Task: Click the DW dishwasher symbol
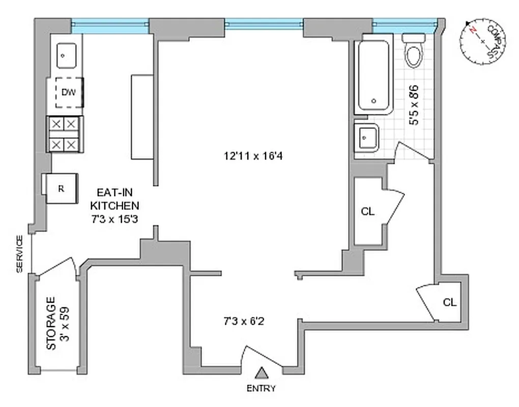pos(69,92)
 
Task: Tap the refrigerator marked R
pos(61,188)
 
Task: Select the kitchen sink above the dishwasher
pos(66,55)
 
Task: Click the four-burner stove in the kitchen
pos(65,134)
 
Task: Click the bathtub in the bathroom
pos(374,74)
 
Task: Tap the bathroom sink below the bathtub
pos(366,137)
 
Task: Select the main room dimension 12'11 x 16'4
pos(253,156)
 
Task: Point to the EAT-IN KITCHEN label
pos(114,206)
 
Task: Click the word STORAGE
pos(51,324)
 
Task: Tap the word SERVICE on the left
pos(19,254)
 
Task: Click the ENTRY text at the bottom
pos(261,389)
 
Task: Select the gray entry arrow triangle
pos(262,374)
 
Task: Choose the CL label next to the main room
pos(367,212)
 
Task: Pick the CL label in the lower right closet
pos(449,302)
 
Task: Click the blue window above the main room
pos(264,23)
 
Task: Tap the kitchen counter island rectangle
pos(142,117)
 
